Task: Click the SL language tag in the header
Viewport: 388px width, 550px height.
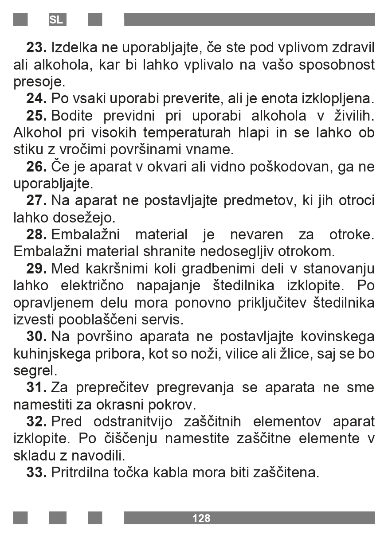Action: click(56, 20)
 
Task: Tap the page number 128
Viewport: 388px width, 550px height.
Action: click(201, 518)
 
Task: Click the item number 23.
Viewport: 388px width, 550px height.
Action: click(36, 47)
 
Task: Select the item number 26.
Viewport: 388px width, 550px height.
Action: click(36, 167)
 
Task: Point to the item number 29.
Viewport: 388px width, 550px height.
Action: click(36, 269)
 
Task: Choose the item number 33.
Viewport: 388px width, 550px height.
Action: click(36, 472)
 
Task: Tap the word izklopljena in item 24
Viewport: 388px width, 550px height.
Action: click(338, 98)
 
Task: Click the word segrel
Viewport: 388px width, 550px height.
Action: click(35, 371)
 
